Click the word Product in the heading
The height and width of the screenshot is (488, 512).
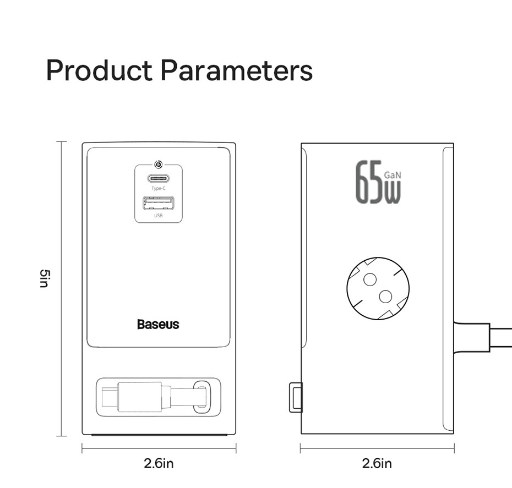point(99,70)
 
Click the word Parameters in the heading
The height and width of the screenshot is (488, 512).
point(237,70)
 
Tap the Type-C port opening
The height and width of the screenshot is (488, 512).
point(159,179)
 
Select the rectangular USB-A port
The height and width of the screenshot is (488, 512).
point(159,203)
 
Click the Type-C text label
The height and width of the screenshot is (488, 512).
point(159,188)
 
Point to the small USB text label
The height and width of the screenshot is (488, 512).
point(159,215)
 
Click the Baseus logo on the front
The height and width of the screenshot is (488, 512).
point(159,324)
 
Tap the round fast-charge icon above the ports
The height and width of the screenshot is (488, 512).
point(159,165)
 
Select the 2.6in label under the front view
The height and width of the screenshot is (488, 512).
point(159,463)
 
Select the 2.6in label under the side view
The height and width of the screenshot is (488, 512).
point(377,463)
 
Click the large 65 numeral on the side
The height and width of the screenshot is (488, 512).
point(369,182)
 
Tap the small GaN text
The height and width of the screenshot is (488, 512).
point(393,175)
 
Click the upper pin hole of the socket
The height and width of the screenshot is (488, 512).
point(370,279)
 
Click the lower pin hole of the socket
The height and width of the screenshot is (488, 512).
point(385,297)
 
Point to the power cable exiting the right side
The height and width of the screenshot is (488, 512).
point(483,337)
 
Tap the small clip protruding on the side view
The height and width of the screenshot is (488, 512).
point(296,397)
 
